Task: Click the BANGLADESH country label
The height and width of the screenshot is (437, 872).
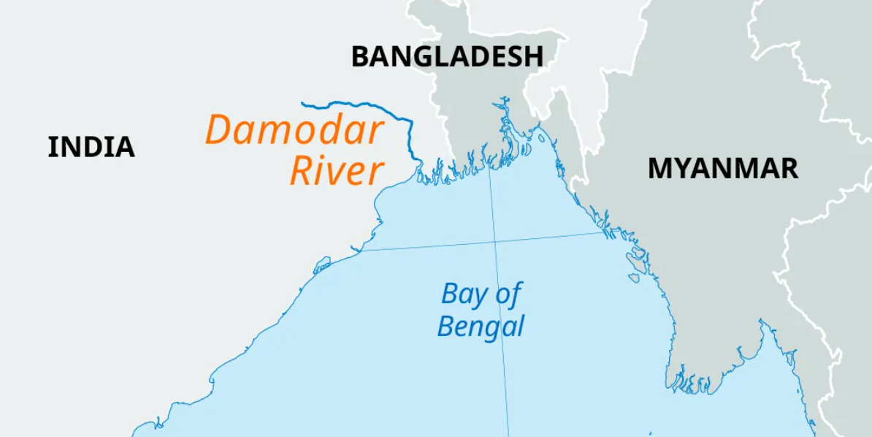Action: (447, 57)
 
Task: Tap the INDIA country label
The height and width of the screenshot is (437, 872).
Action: (91, 148)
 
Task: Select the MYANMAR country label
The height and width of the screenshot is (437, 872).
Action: (722, 169)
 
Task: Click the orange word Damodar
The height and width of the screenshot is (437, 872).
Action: (294, 130)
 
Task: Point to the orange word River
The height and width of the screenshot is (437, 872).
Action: (337, 171)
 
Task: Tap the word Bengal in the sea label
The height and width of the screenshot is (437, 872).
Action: (481, 325)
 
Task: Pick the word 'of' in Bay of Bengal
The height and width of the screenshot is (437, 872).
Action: (508, 294)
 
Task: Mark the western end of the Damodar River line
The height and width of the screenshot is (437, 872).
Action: (302, 103)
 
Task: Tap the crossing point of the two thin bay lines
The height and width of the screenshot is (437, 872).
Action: (495, 240)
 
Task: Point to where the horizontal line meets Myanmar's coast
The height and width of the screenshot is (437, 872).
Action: (606, 233)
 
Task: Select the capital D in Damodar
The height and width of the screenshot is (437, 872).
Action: (219, 130)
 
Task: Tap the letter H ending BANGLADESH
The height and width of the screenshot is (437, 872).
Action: (533, 57)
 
